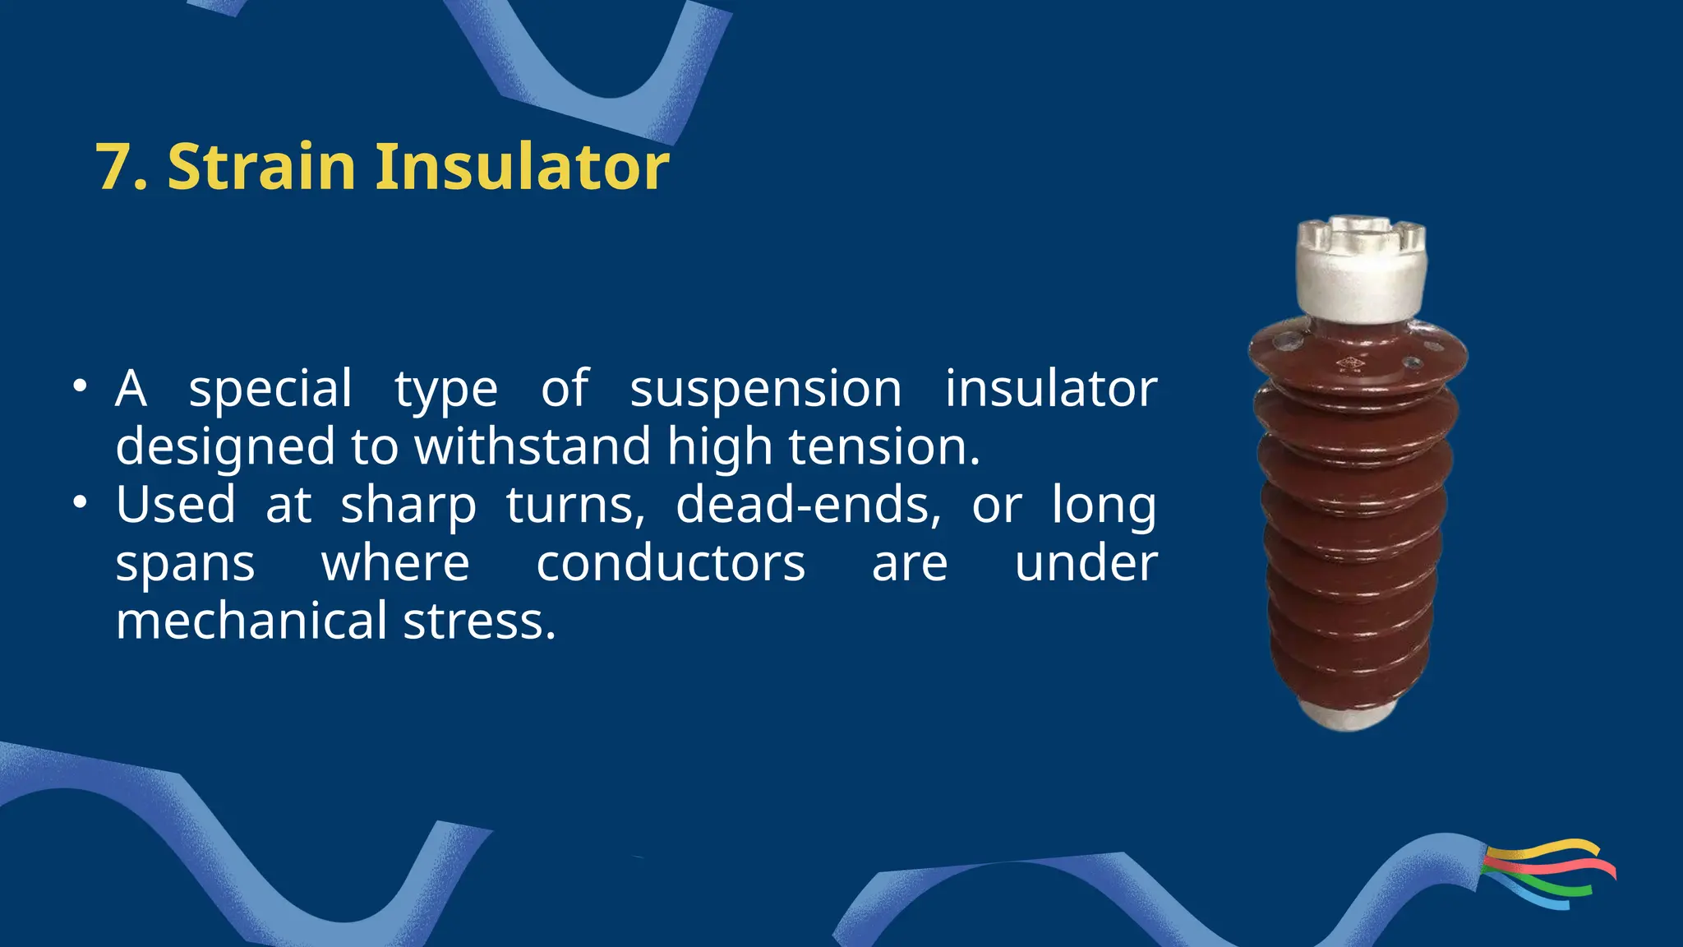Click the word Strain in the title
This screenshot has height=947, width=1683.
(x=261, y=167)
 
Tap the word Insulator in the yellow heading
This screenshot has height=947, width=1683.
(x=522, y=167)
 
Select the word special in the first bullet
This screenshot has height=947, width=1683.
(x=270, y=390)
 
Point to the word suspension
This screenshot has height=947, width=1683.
(x=765, y=390)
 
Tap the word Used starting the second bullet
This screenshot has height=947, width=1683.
(x=175, y=505)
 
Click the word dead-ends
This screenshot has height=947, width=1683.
(x=808, y=505)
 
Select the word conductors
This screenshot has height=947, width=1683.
(x=671, y=564)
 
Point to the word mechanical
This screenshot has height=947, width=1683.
(x=251, y=621)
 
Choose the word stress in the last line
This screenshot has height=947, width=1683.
(x=479, y=621)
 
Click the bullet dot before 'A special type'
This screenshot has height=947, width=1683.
(x=79, y=386)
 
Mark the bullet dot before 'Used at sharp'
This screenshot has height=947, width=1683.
(x=79, y=502)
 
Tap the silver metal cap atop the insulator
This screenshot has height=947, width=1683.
(x=1361, y=267)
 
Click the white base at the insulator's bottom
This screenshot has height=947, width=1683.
(x=1348, y=714)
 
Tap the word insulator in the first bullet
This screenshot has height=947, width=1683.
(x=1050, y=390)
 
